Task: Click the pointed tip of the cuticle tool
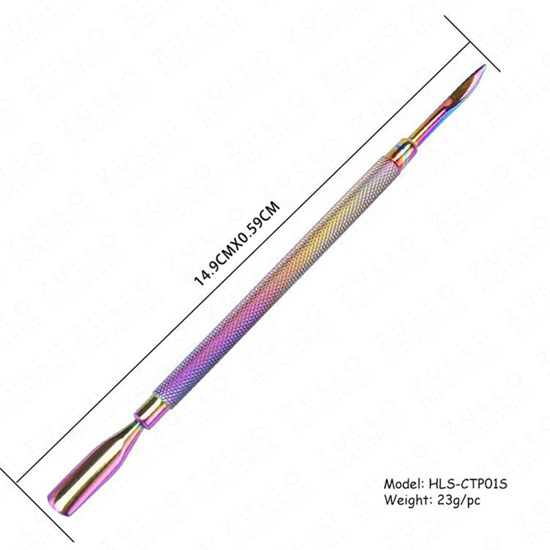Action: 485,65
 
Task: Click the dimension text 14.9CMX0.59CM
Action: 237,243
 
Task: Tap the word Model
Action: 403,484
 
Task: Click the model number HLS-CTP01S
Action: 468,484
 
